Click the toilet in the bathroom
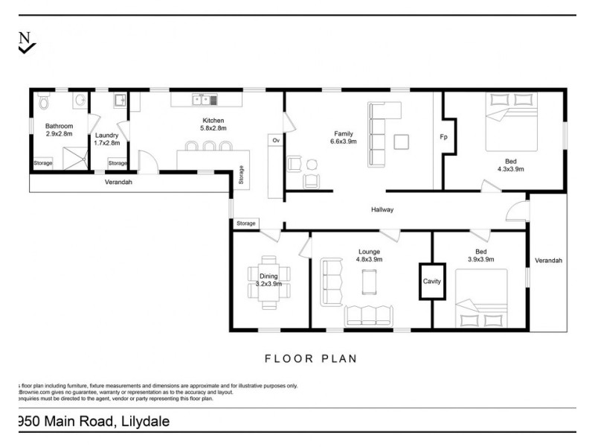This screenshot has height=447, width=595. [45, 100]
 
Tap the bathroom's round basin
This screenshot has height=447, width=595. [79, 101]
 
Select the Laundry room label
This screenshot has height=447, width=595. [107, 135]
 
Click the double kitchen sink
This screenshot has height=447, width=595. [203, 99]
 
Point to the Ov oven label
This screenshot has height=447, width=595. [275, 140]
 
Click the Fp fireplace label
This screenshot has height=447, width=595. [443, 137]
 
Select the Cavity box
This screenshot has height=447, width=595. [432, 282]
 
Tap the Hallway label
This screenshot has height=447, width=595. [382, 210]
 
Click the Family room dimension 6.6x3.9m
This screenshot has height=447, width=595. [344, 142]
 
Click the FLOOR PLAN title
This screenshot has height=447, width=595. [311, 358]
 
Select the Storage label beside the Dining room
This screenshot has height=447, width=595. [246, 223]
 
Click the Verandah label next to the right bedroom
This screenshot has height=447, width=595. [547, 261]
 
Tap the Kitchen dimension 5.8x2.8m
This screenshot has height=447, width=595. [213, 128]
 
